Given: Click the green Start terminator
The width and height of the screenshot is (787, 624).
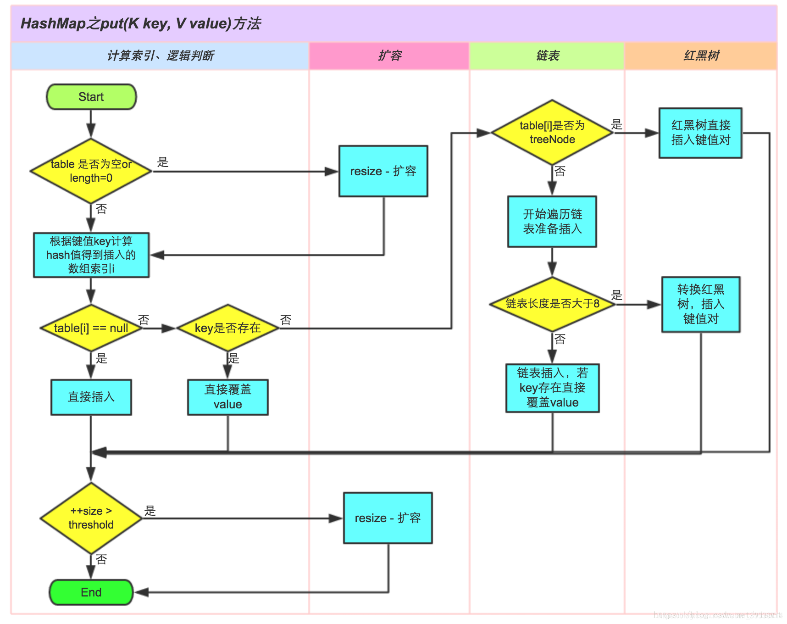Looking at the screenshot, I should (91, 97).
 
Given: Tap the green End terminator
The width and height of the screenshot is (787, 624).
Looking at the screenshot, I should (91, 592).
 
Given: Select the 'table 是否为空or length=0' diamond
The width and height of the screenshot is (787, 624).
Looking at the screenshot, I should (91, 171).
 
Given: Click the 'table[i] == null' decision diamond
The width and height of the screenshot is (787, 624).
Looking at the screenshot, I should (91, 328).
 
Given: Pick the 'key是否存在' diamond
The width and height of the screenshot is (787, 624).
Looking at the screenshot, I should (227, 328).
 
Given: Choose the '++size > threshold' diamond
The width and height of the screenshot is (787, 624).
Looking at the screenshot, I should (91, 518).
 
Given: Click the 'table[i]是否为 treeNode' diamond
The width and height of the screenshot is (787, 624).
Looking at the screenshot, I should (552, 133).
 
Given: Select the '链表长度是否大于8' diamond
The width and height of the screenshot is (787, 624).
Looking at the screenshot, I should (552, 304).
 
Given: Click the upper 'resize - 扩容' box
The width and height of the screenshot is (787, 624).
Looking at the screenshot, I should (383, 171).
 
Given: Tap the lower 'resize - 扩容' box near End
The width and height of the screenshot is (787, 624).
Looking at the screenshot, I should (388, 518).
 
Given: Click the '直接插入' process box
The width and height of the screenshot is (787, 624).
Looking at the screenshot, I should (91, 397).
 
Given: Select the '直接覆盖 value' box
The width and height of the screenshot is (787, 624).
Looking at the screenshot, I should (227, 397).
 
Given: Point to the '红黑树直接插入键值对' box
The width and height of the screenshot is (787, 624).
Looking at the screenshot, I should (700, 133).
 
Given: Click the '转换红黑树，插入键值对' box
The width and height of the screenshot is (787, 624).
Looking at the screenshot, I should (700, 304).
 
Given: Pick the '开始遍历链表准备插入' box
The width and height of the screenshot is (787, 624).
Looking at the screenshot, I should (552, 222).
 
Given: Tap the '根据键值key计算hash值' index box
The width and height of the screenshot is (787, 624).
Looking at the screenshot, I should (91, 255).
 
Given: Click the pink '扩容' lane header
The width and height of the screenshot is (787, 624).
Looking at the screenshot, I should (389, 56).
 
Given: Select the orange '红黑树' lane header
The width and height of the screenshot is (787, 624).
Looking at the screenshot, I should (701, 56).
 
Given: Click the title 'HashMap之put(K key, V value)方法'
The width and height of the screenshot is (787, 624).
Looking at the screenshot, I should (141, 23).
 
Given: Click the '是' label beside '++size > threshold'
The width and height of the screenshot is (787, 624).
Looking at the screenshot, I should (150, 511).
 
